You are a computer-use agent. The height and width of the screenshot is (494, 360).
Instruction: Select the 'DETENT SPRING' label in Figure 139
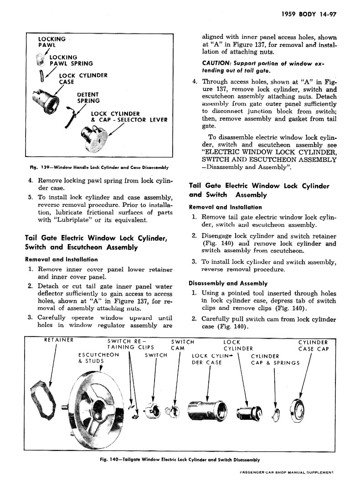pos(88,98)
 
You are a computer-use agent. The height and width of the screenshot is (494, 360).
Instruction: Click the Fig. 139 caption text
pos(99,167)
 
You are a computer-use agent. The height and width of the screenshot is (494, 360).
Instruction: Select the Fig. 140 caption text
pos(180,459)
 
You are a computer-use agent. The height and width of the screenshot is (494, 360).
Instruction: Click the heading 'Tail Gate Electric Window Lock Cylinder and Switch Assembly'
pos(258,190)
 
